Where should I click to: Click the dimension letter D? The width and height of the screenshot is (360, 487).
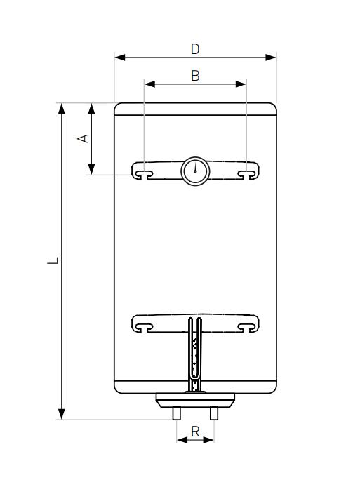(x=195, y=49)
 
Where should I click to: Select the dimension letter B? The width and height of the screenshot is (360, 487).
(x=195, y=76)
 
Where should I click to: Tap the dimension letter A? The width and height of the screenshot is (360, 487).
(x=83, y=138)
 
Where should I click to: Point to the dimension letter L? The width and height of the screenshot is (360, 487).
(x=53, y=260)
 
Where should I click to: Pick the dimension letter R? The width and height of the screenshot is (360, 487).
(x=195, y=432)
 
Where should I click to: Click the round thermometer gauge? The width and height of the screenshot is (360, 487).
(x=195, y=171)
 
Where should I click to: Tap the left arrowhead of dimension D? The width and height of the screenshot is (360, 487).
(x=120, y=58)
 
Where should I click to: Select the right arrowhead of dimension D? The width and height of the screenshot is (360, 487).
(x=271, y=58)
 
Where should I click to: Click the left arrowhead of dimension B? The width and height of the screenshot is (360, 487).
(x=149, y=84)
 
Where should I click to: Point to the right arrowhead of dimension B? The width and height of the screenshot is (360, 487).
(x=241, y=84)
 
